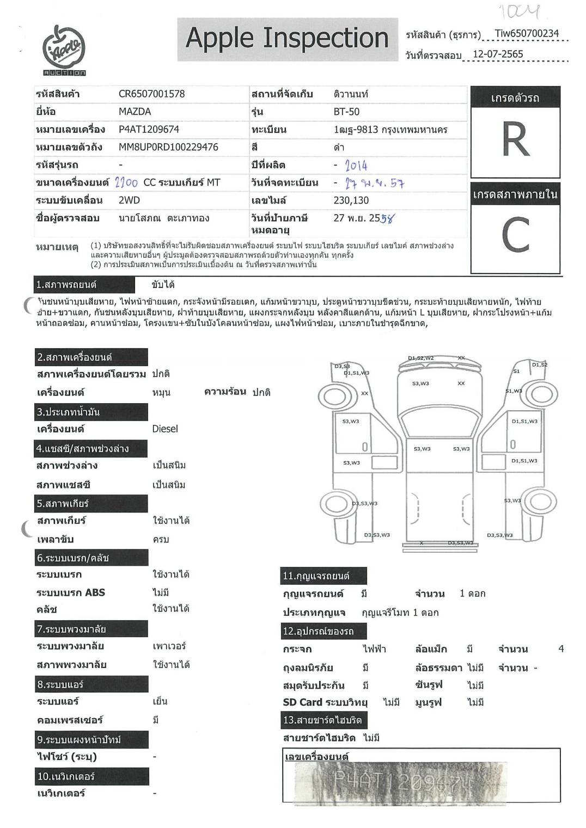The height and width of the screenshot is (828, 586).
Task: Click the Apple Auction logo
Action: (x=64, y=50)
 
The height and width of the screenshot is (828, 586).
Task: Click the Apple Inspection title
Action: (x=287, y=38)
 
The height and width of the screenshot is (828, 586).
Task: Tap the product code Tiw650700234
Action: (x=527, y=34)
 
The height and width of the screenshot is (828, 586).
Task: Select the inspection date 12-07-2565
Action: (x=498, y=54)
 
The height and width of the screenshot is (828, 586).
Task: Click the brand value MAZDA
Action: (x=135, y=112)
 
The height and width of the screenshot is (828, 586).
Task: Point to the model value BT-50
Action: (x=346, y=112)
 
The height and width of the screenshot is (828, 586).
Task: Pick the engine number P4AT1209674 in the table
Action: (x=149, y=129)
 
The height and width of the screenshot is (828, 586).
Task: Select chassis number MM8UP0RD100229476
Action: (x=168, y=147)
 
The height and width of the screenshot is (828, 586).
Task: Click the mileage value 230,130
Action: (x=351, y=200)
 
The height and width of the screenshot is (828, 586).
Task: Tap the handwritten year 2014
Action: (x=356, y=165)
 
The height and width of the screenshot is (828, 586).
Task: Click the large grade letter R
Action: (x=515, y=140)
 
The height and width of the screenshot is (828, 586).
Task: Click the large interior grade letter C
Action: (x=515, y=236)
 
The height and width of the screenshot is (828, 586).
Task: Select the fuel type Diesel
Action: (x=165, y=429)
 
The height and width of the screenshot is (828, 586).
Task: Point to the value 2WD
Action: (x=129, y=200)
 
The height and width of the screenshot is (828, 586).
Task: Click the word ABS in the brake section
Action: (x=95, y=592)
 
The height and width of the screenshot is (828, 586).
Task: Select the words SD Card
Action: (x=302, y=702)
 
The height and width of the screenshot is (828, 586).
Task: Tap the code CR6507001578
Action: (x=151, y=94)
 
